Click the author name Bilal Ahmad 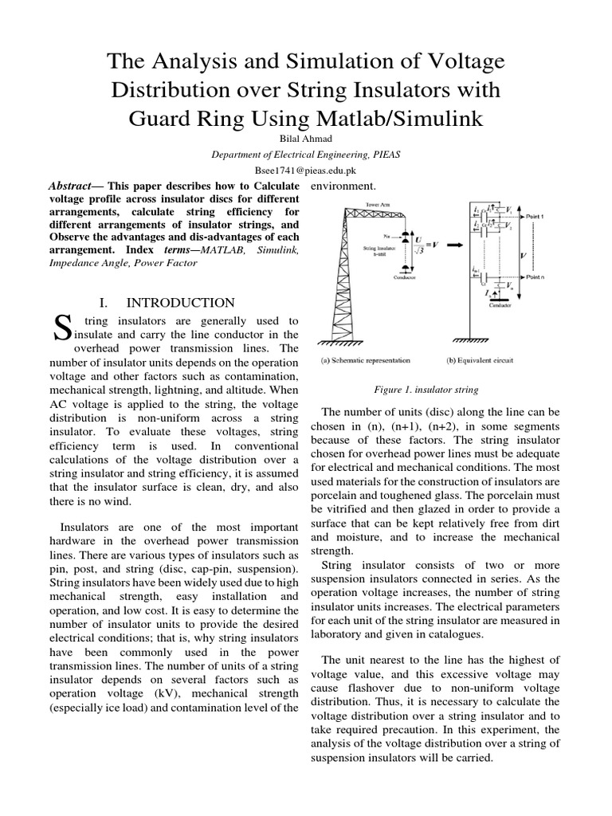(306, 139)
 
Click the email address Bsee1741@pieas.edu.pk (306, 171)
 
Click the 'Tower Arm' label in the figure (378, 205)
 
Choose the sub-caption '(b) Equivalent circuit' (481, 361)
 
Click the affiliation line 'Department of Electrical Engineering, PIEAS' (306, 155)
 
